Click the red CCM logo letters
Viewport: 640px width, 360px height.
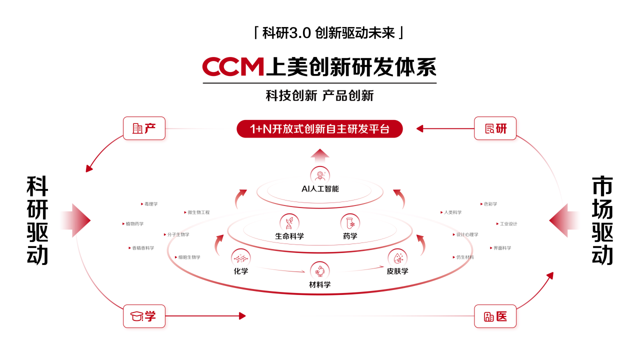(x=232, y=67)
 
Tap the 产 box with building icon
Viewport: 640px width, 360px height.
(x=144, y=128)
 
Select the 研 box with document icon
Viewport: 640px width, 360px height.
(x=495, y=128)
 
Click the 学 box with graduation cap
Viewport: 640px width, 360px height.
(x=144, y=316)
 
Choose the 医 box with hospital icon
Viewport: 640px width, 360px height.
(x=495, y=316)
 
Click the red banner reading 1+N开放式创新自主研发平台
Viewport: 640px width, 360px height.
(x=319, y=129)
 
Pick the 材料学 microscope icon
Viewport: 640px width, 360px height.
(x=319, y=271)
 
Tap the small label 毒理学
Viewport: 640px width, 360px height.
(x=150, y=204)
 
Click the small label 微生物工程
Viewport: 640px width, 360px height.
(x=198, y=212)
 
